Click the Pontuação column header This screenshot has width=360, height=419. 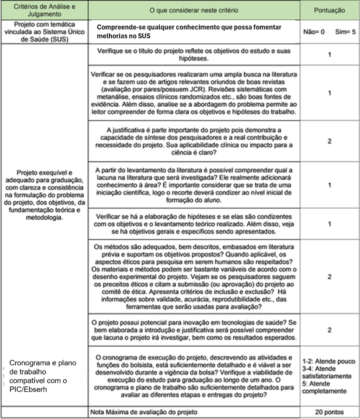[329, 10]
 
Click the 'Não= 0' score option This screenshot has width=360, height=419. [314, 32]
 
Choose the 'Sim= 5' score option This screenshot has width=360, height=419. [346, 32]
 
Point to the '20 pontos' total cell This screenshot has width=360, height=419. [329, 412]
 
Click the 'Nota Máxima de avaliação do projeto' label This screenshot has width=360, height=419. [144, 412]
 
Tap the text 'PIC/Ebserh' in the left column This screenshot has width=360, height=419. [28, 389]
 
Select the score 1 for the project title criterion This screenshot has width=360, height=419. [329, 55]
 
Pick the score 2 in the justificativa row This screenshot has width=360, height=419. [329, 141]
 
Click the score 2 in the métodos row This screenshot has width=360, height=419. [329, 277]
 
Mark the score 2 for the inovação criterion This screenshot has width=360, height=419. [329, 330]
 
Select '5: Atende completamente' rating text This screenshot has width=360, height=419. [325, 387]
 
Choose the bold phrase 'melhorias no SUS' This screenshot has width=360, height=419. [123, 36]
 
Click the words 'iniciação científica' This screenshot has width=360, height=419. [119, 192]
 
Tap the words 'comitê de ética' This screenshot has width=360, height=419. [112, 292]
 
